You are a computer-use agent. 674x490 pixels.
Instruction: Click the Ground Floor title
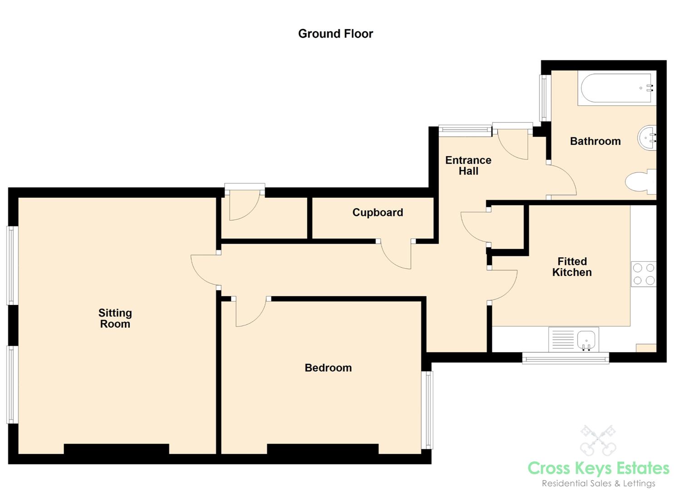point(335,34)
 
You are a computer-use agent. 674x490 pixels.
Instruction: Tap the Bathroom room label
point(595,141)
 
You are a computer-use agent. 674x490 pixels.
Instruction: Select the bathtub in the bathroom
point(617,88)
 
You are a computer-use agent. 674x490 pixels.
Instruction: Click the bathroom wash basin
point(647,138)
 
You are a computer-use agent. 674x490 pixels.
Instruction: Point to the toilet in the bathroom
point(640,181)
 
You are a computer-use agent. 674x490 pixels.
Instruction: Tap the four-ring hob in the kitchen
point(644,274)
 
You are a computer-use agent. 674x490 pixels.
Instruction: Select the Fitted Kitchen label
point(572,267)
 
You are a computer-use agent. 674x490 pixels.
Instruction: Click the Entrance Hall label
point(468,166)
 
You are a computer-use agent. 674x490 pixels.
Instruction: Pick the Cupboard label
point(378,213)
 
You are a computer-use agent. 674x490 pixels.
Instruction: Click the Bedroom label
point(328,368)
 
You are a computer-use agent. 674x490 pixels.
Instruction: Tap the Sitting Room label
point(115,318)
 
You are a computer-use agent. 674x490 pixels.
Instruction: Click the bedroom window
point(427,410)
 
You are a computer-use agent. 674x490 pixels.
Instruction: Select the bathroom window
point(545,98)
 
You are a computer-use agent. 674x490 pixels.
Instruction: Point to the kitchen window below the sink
point(566,358)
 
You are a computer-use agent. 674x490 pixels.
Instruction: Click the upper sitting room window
point(12,265)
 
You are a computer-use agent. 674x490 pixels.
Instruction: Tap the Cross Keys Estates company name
point(598,468)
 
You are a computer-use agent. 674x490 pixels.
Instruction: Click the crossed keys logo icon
point(598,441)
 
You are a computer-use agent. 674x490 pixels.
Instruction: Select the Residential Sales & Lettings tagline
point(599,484)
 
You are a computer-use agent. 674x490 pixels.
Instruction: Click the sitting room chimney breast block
point(117,449)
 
